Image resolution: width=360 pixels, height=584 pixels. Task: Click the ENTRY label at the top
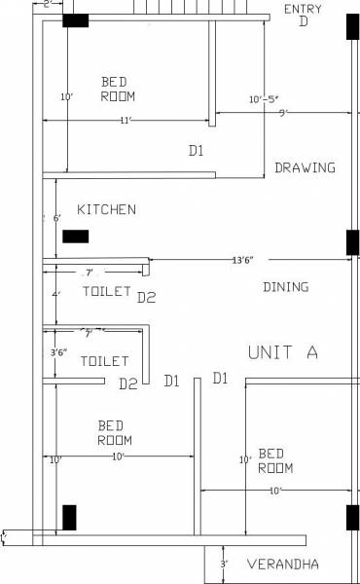pos(303,9)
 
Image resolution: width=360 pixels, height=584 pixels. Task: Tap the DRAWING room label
pos(305,167)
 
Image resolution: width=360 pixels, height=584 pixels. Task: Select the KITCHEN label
pos(106,209)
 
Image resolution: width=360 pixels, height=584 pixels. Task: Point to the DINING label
pos(286,286)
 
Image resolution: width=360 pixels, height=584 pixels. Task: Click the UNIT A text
pos(283,352)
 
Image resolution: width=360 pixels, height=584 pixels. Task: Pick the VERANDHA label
pos(283,565)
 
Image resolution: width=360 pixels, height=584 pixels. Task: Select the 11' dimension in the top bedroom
pos(125,120)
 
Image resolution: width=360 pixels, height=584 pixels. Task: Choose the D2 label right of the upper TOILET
pos(146,297)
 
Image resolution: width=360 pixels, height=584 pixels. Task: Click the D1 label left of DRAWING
pos(197,150)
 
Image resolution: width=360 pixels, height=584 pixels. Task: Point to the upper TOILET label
pos(106,291)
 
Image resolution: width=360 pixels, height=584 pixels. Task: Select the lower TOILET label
pos(104,361)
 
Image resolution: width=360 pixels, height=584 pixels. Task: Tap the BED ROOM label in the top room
pos(118,89)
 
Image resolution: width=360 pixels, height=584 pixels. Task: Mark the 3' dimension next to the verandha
pos(223,564)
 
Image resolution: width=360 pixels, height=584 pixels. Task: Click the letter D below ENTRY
pos(304,21)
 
